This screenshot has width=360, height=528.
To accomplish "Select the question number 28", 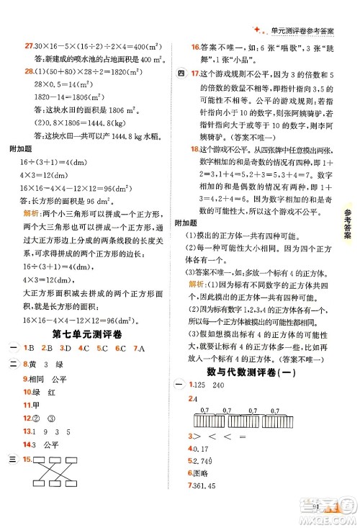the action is [29, 70].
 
